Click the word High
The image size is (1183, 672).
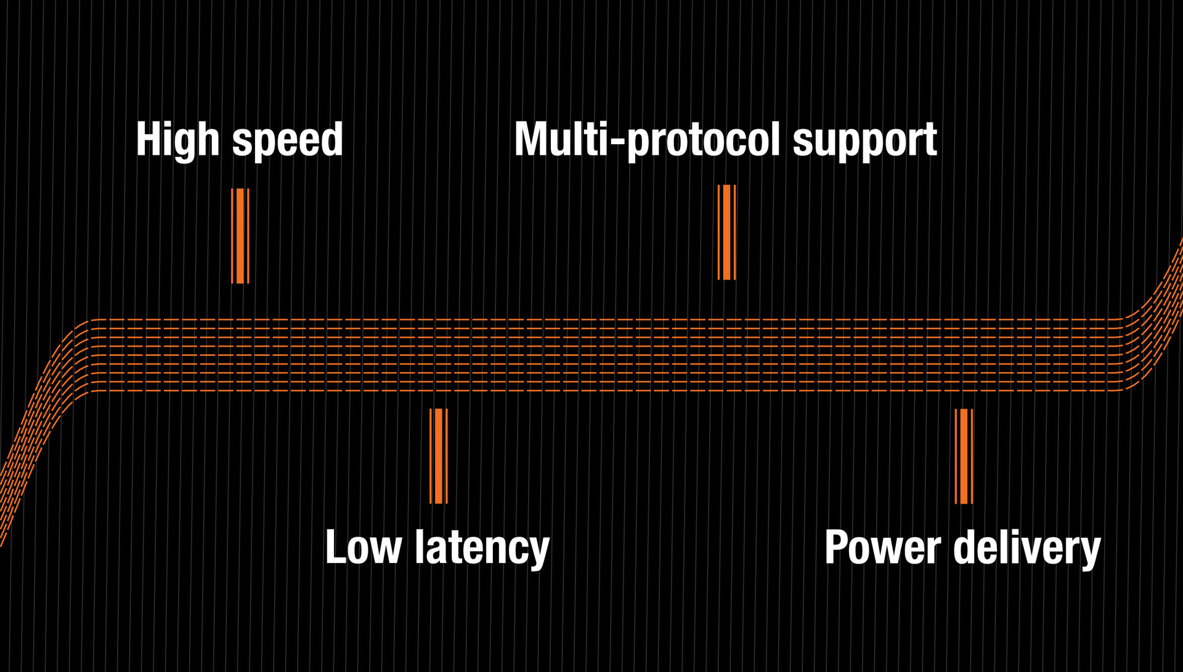click(177, 140)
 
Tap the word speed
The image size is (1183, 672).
click(287, 140)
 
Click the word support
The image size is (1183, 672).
click(864, 140)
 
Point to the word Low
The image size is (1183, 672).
click(363, 547)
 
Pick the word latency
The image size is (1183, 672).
click(482, 547)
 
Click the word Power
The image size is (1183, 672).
click(882, 547)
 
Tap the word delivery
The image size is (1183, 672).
click(1026, 547)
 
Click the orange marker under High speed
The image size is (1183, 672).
click(240, 236)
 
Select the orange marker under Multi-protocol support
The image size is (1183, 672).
click(727, 232)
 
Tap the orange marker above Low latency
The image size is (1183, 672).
click(439, 456)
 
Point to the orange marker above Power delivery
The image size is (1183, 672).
click(964, 456)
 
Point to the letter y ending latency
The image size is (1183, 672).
click(539, 551)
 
